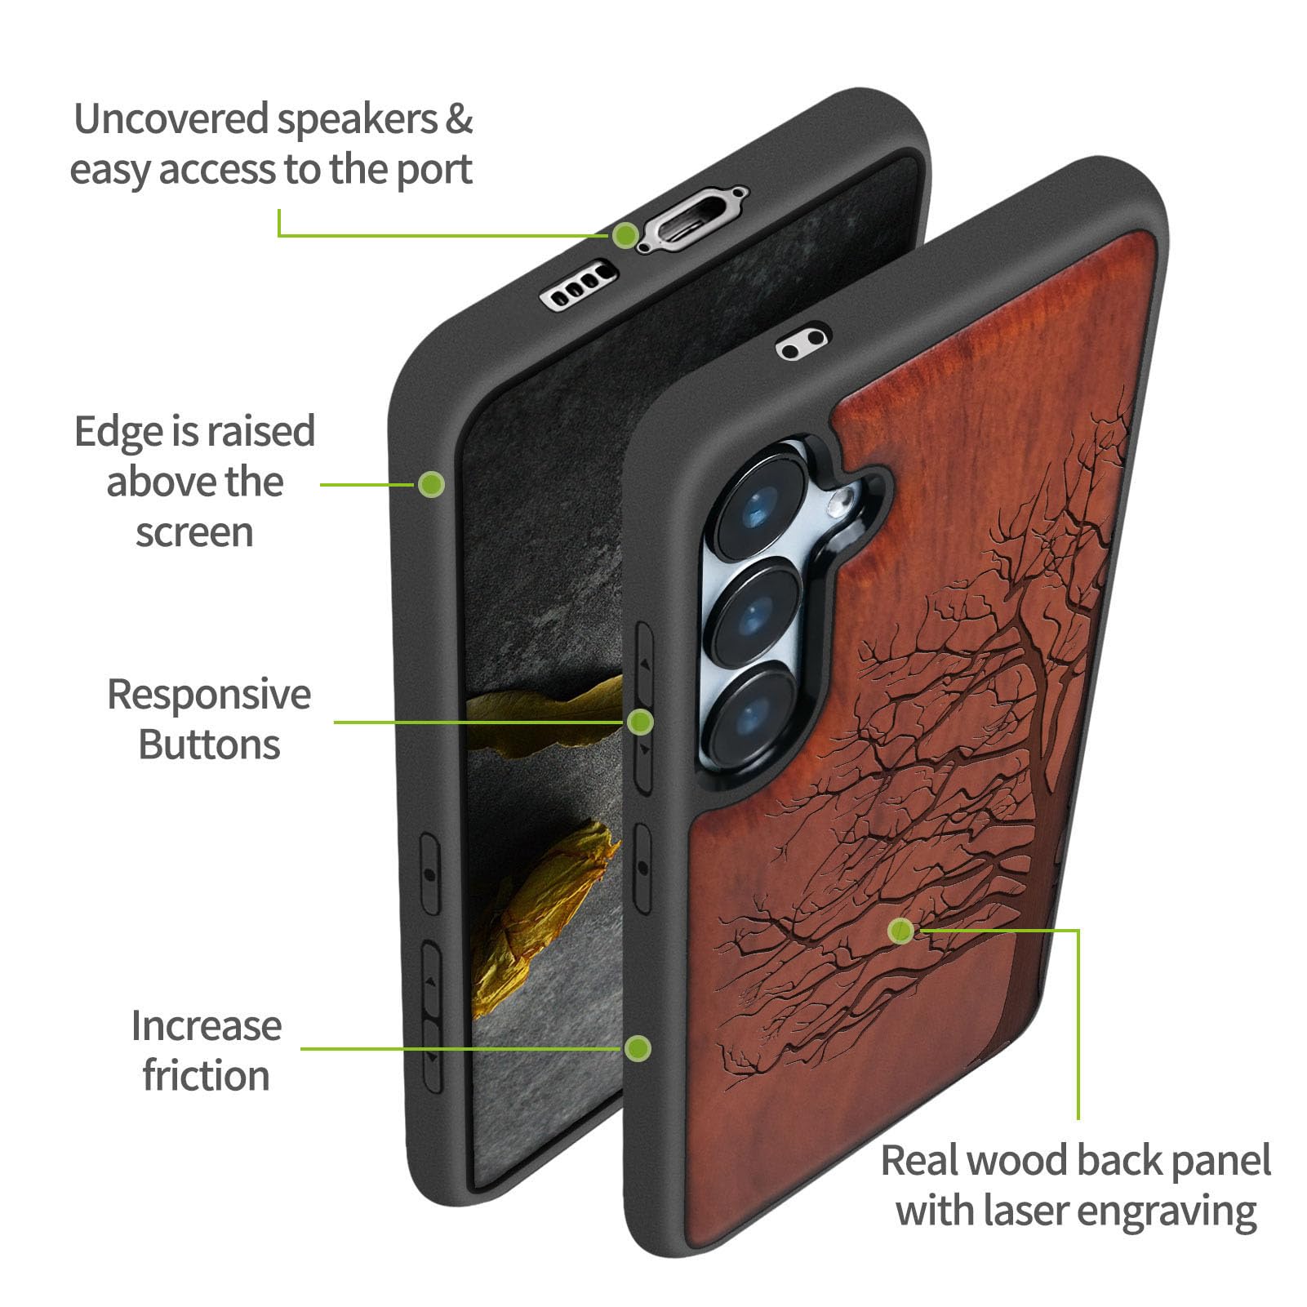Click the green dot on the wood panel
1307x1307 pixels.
tap(901, 930)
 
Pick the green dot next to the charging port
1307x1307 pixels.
tap(626, 235)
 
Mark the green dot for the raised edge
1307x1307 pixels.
tap(431, 484)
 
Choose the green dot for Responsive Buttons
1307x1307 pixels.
tap(641, 722)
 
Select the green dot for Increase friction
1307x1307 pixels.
tap(638, 1047)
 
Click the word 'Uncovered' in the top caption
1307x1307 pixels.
tap(171, 120)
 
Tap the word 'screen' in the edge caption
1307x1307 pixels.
tap(194, 534)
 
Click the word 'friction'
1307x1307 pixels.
tap(207, 1074)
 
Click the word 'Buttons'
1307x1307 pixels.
tap(209, 745)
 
